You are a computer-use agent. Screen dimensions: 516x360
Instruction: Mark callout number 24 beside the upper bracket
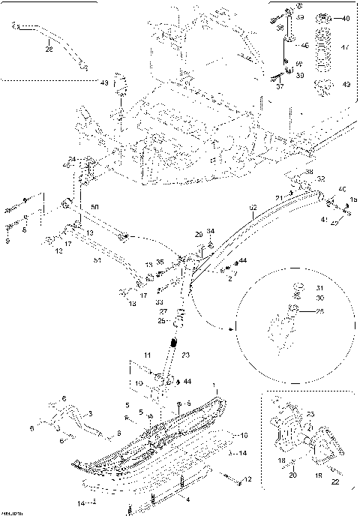point(73,158)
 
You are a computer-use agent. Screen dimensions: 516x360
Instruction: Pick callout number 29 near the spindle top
point(199,235)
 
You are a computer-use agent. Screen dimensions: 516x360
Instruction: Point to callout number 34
point(211,231)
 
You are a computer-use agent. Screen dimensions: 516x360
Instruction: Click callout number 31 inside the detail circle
point(317,288)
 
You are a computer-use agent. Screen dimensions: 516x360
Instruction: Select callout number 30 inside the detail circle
point(317,298)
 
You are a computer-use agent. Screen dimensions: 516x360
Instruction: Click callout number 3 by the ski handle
point(90,413)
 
